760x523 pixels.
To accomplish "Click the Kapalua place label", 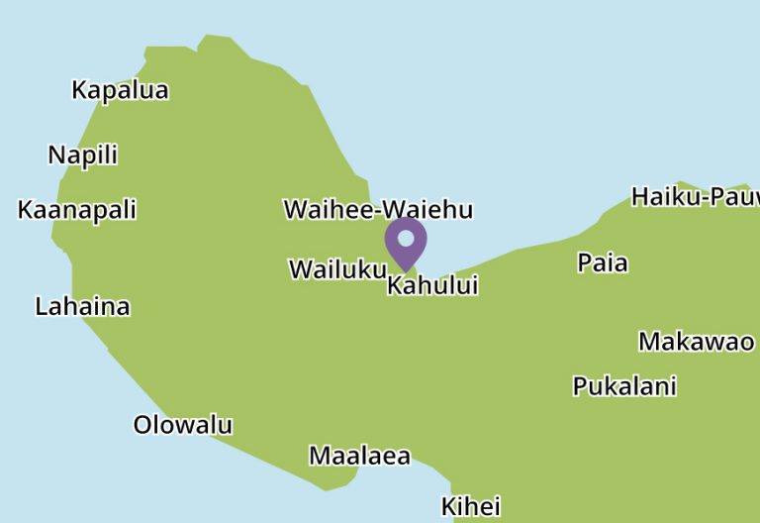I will tap(120, 90).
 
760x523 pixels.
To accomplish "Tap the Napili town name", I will tap(83, 155).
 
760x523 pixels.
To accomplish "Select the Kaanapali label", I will tap(77, 210).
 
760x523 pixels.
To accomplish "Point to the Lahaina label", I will tap(82, 306).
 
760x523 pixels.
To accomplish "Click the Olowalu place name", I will tap(183, 425).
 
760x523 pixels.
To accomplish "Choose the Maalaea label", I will tap(359, 456).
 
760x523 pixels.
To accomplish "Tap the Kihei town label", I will tap(470, 506).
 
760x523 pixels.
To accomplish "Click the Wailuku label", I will tap(337, 268).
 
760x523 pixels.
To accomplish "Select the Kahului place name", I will tap(432, 285).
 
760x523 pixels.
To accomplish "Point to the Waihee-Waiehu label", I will tap(378, 209).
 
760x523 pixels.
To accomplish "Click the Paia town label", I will tap(603, 262).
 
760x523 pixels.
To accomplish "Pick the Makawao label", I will tap(696, 342).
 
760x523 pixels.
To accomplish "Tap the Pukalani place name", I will tap(624, 385).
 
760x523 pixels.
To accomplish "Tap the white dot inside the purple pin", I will tap(406, 238).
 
